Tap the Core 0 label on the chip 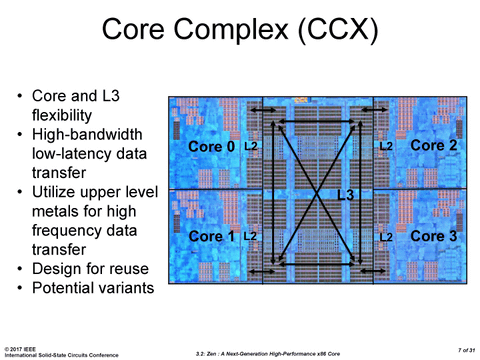click(212, 148)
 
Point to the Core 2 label click(434, 146)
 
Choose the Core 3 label click(434, 237)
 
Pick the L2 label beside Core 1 click(252, 236)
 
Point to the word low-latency click(74, 154)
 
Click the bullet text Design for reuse click(90, 270)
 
